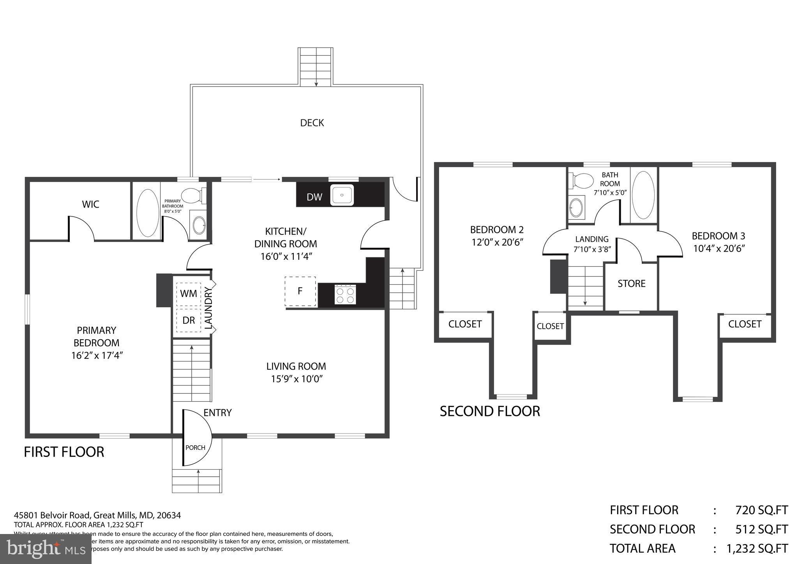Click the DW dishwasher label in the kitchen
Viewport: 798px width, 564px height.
(314, 197)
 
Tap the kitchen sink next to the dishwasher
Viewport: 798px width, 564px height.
(342, 195)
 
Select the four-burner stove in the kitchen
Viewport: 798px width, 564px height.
(345, 294)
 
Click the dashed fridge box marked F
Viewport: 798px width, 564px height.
(300, 291)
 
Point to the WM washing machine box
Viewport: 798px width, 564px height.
(189, 294)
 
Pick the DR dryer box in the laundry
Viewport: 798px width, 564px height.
(189, 320)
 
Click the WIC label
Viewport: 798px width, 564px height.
(90, 204)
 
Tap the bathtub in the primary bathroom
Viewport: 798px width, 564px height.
(148, 213)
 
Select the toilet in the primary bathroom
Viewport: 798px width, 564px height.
(193, 195)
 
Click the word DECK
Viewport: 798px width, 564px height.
(312, 123)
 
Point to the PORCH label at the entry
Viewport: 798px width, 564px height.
(195, 448)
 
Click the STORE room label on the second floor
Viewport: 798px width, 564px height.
(631, 284)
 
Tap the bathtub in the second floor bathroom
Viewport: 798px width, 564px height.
(643, 195)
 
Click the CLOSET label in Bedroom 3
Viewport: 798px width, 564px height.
(745, 324)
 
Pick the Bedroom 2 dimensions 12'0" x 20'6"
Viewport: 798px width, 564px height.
(497, 242)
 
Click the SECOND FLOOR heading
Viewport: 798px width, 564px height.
(490, 411)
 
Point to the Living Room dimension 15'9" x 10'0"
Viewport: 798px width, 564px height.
(297, 379)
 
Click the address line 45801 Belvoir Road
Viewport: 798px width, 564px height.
(97, 515)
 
